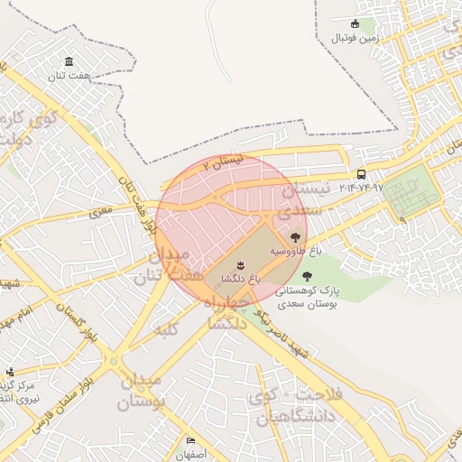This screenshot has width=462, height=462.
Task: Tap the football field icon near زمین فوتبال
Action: pyautogui.click(x=356, y=24)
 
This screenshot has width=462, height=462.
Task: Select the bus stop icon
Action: pyautogui.click(x=362, y=174)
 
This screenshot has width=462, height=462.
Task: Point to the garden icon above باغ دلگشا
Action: pyautogui.click(x=241, y=263)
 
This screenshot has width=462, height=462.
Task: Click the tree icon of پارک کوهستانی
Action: pyautogui.click(x=308, y=277)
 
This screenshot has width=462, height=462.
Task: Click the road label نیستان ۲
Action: pyautogui.click(x=223, y=162)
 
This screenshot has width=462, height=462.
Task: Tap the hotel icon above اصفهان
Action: pyautogui.click(x=191, y=441)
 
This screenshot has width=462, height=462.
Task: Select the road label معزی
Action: pyautogui.click(x=101, y=211)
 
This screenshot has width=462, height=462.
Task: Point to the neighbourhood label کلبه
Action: pyautogui.click(x=166, y=328)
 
